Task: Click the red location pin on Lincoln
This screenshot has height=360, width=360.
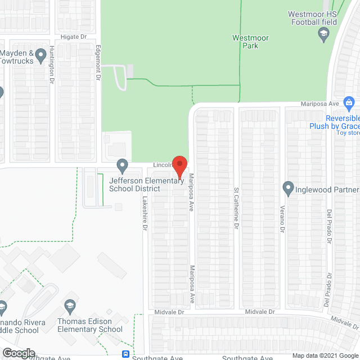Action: (179, 165)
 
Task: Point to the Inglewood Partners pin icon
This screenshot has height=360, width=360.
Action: (288, 187)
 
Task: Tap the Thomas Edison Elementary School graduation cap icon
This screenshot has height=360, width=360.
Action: (70, 306)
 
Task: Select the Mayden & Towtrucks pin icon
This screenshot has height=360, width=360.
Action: (40, 55)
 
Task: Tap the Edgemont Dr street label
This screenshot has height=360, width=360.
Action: (97, 62)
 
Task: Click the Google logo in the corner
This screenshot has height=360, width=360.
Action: (18, 353)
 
